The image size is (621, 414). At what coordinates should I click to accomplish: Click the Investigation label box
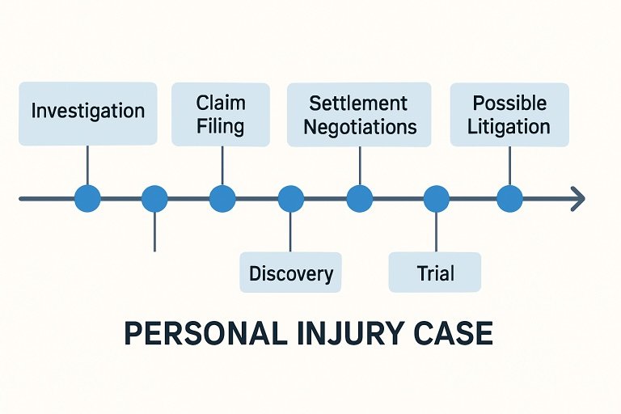[87, 112]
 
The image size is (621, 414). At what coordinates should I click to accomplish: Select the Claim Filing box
[221, 115]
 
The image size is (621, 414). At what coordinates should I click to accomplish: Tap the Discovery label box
[290, 272]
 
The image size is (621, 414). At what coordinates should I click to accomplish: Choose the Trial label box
[435, 272]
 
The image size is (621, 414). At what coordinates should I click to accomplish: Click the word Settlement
[358, 103]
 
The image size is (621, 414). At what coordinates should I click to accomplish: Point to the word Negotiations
[361, 127]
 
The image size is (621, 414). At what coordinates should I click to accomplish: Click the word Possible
[509, 103]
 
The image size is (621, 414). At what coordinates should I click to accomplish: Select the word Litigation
[509, 127]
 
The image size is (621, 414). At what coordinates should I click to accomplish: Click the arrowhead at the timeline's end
[577, 198]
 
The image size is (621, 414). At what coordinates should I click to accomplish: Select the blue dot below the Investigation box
[87, 198]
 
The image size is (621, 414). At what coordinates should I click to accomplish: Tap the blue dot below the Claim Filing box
[222, 198]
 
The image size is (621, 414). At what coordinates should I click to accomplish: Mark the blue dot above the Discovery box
[290, 198]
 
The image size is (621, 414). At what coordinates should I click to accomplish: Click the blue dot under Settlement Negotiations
[359, 198]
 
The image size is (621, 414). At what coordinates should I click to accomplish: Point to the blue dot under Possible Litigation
[509, 198]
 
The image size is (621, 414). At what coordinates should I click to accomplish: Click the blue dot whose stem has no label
[154, 198]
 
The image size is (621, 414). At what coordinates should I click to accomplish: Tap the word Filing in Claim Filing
[221, 127]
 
